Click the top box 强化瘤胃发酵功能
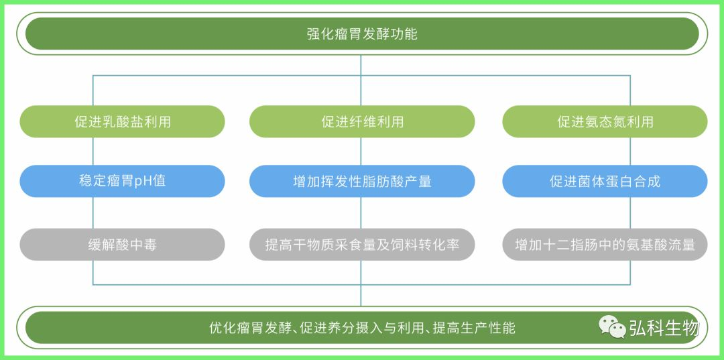pyautogui.click(x=362, y=34)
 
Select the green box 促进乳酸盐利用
pyautogui.click(x=123, y=121)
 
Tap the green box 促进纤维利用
pyautogui.click(x=362, y=121)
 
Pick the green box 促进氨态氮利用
pyautogui.click(x=605, y=121)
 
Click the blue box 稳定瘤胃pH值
pyautogui.click(x=123, y=181)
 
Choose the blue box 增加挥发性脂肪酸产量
pyautogui.click(x=362, y=181)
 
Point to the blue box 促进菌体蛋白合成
pyautogui.click(x=605, y=181)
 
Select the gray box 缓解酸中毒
pyautogui.click(x=123, y=244)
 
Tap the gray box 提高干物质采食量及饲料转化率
pyautogui.click(x=362, y=244)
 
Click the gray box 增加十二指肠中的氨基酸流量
pyautogui.click(x=605, y=244)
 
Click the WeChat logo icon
pyautogui.click(x=612, y=326)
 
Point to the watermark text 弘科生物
pyautogui.click(x=665, y=328)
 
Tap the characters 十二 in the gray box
pyautogui.click(x=556, y=244)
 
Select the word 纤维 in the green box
pyautogui.click(x=363, y=121)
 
